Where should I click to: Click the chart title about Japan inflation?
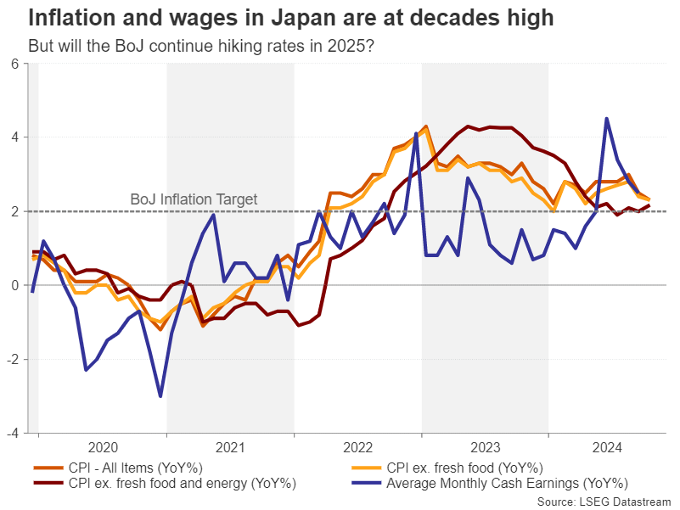[x=291, y=18]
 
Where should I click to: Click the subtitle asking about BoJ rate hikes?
[x=200, y=44]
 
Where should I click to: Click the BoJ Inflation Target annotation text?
[x=194, y=199]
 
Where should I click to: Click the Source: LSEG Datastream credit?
[x=604, y=502]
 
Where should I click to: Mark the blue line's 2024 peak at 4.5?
[x=606, y=119]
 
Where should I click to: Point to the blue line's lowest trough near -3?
[x=160, y=395]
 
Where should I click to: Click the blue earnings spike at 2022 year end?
[x=416, y=133]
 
